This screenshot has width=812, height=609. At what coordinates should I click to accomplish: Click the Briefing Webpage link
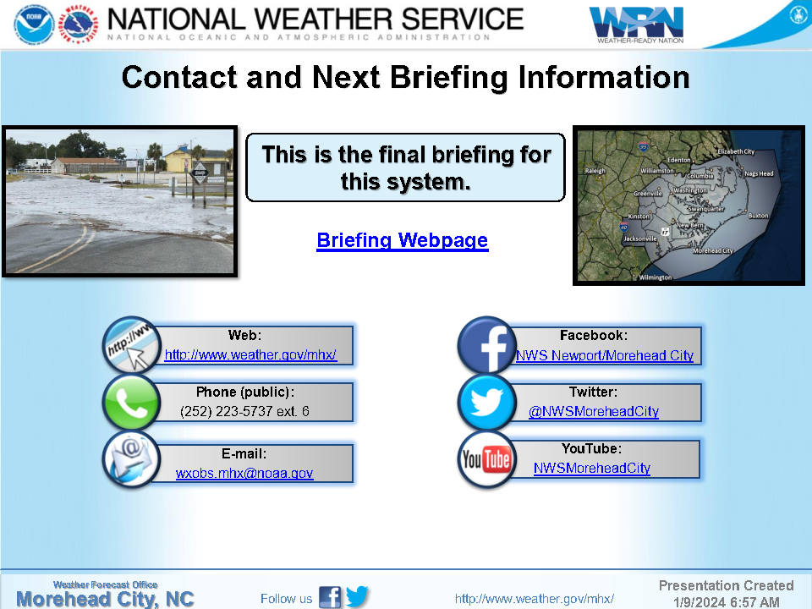(403, 240)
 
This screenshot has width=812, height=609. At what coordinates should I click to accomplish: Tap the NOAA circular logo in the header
(34, 24)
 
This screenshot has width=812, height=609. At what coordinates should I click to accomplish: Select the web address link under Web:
(250, 354)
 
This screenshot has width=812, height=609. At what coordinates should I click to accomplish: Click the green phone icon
(132, 403)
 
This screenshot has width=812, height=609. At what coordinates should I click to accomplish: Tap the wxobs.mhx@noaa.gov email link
(244, 474)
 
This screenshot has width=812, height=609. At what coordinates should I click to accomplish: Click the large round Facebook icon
(486, 345)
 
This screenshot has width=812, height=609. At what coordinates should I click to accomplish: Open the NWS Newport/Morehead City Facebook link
(604, 355)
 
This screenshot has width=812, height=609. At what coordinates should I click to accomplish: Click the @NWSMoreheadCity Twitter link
(594, 411)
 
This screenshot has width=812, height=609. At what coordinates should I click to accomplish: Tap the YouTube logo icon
(486, 459)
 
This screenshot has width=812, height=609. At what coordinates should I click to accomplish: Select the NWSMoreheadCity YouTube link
(592, 468)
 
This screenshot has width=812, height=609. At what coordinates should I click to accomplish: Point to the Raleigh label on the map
(595, 170)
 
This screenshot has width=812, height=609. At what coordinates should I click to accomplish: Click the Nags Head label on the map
(759, 173)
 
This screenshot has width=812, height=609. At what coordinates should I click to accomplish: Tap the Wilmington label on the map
(655, 277)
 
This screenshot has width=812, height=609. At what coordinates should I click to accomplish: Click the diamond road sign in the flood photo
(200, 173)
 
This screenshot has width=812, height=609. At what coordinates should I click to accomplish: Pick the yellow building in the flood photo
(178, 158)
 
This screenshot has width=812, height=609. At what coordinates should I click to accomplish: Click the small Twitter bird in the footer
(357, 596)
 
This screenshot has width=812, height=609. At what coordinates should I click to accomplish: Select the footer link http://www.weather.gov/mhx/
(535, 599)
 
